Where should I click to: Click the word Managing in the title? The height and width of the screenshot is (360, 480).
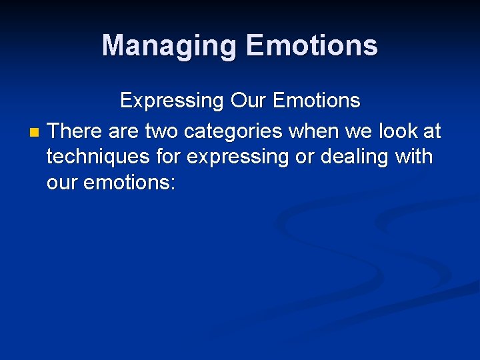point(169,46)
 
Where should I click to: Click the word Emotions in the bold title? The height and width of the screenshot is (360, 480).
point(311,46)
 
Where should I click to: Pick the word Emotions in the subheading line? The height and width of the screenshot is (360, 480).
point(317,101)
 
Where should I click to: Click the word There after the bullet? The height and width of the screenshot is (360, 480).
point(75,131)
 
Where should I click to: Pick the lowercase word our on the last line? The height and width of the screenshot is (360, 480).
point(62,183)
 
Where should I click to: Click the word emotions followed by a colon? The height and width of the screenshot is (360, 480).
point(129,183)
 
